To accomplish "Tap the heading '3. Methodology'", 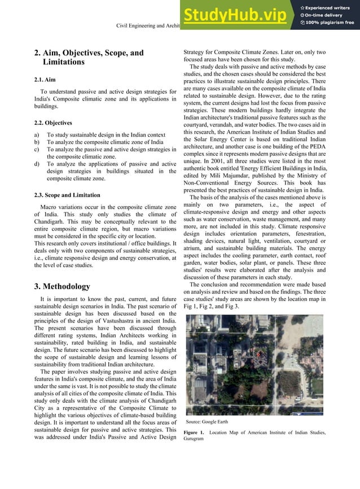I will pos(62,286).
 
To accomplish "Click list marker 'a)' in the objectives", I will pos(37,136).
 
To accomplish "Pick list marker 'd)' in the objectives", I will pos(37,164).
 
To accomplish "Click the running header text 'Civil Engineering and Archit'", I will pos(148,26).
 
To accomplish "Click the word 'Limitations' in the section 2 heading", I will pos(64,62).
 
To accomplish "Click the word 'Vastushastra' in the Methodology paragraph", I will pos(121,321).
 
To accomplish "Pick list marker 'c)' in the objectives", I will pos(37,150).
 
